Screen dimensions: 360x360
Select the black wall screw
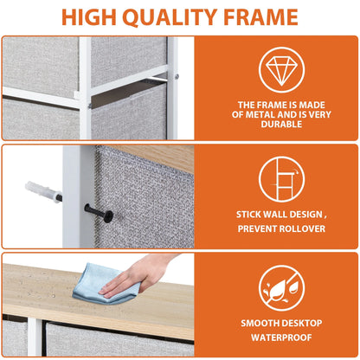95,210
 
